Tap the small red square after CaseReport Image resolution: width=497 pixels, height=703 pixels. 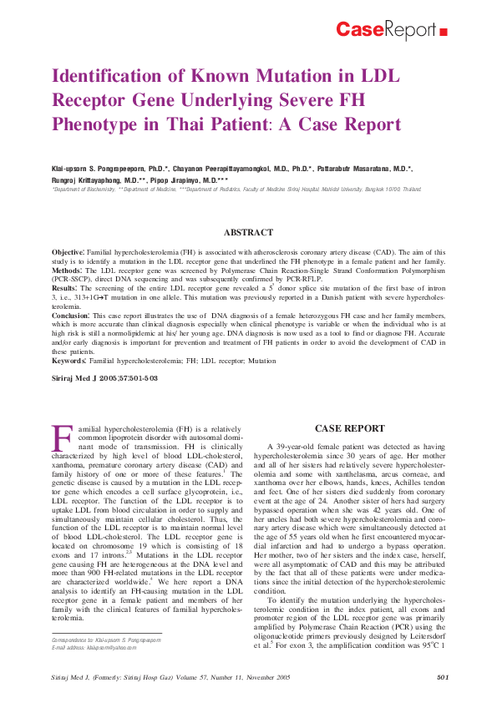(443, 33)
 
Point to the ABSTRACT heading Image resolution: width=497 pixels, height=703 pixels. (249, 232)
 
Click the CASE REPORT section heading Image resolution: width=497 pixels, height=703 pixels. (349, 428)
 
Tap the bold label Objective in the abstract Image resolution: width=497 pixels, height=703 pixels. (68, 251)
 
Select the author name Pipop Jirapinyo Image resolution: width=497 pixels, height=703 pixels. (187, 180)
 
